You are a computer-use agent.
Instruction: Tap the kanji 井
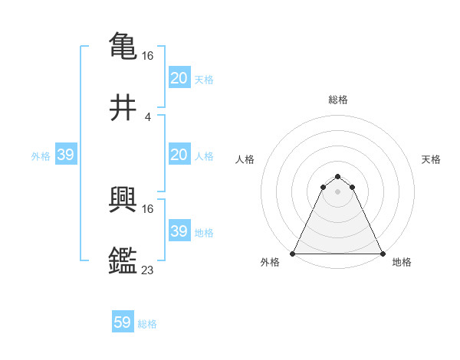pos(123,108)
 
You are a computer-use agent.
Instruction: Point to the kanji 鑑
pos(123,260)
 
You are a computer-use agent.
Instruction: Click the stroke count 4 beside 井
pos(147,117)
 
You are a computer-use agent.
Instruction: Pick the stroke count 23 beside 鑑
pos(148,270)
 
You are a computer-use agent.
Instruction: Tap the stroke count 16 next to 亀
pos(148,55)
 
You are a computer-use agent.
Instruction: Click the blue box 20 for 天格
pos(179,77)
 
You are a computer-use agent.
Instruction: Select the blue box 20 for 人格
pos(179,155)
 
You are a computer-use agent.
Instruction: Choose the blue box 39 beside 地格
pos(179,231)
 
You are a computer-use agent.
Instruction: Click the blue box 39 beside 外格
pos(65,155)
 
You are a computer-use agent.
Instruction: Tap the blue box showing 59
pos(122,322)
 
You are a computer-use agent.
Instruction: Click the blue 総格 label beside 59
pos(147,324)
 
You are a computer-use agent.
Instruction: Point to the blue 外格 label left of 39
pos(41,155)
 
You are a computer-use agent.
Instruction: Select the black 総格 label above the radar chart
pos(338,100)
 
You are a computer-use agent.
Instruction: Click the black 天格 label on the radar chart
pos(431,159)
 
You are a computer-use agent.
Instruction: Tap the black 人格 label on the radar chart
pos(245,159)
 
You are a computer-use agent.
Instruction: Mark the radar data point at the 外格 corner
pos(293,254)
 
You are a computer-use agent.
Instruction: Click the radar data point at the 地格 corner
pos(383,254)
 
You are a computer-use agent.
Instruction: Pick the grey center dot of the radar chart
pos(338,191)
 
